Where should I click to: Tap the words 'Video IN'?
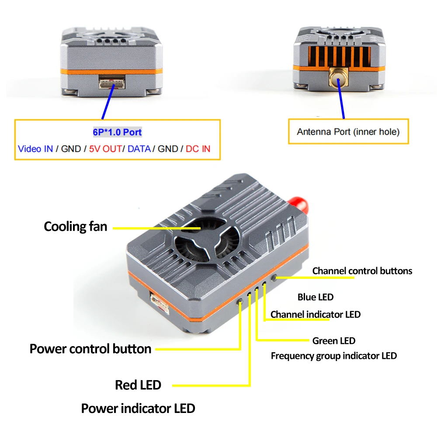coord(35,149)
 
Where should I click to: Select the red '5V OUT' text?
coord(105,149)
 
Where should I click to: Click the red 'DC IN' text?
coord(198,149)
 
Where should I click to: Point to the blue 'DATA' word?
coord(139,149)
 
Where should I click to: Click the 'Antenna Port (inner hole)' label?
coord(348,132)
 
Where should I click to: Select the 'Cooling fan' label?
coord(75,226)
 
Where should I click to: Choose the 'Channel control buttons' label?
coord(362,271)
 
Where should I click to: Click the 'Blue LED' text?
coord(316,297)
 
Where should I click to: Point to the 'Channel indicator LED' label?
coord(316,315)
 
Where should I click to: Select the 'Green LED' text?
coord(334,341)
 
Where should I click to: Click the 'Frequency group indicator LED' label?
coord(334,356)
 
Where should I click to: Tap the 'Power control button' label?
coord(90,349)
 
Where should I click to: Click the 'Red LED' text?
coord(138,385)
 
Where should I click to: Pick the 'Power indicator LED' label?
coord(138,409)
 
